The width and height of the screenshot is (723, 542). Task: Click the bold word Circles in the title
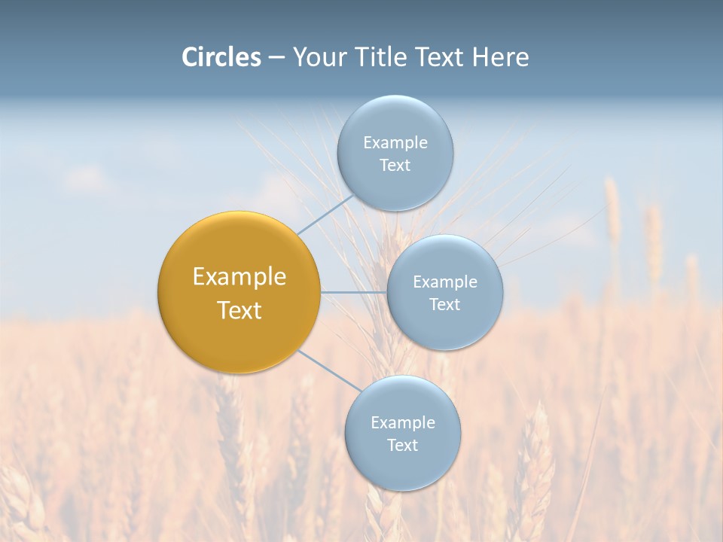coord(221,57)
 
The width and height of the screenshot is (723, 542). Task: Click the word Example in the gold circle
coord(239,277)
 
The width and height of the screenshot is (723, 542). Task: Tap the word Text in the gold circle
coord(239,310)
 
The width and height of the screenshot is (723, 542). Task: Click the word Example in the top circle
coord(395,143)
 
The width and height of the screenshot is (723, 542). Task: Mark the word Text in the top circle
coord(395,166)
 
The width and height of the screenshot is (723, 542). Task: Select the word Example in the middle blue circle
coord(444,282)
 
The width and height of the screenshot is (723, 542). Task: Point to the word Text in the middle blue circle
coord(444,305)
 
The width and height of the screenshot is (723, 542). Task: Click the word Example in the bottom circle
coord(402,423)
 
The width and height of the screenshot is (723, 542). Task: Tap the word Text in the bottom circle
coord(402,446)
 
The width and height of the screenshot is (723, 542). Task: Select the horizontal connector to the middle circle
coord(354,292)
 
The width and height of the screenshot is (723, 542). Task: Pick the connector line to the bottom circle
coord(330,370)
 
